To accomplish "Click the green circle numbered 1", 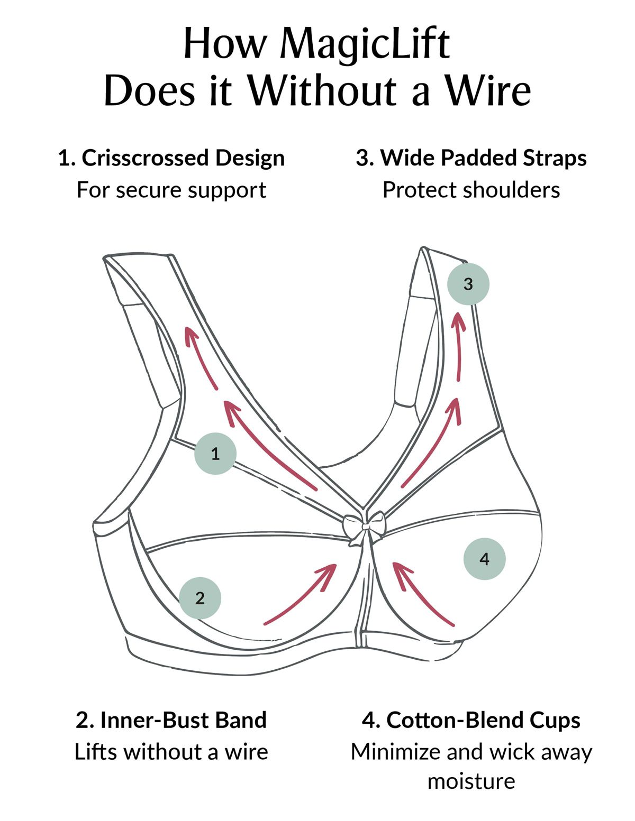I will point(215,453).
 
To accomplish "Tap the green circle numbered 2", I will point(199,598).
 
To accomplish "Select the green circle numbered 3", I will point(468,284).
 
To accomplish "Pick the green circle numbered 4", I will point(484,559).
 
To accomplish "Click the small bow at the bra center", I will point(364,527).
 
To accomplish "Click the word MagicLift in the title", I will point(365,44).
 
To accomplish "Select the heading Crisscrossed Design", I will point(171,158).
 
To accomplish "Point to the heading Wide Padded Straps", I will point(471,158).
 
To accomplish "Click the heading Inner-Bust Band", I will point(171,719).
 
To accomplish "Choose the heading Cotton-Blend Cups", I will point(471,719).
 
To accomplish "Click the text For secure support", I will point(171,190).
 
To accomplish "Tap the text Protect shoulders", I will point(471,190).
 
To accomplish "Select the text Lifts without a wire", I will point(171,751).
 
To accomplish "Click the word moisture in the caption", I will point(471,781).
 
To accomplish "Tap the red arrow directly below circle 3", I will point(459,346).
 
